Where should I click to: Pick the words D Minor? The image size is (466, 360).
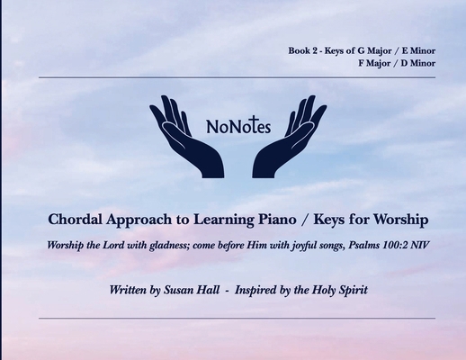[x=417, y=63]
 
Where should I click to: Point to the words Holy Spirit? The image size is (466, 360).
[x=338, y=291]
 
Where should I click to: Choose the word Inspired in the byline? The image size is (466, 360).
[x=255, y=291]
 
